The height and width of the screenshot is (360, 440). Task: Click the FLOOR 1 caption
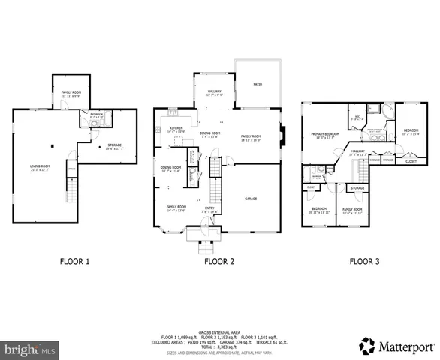point(74,262)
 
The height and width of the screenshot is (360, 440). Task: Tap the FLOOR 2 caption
point(219,262)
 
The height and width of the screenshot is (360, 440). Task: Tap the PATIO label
point(257,85)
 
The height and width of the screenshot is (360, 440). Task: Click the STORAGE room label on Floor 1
point(114,145)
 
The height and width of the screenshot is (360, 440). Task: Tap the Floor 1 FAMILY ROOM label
point(71,93)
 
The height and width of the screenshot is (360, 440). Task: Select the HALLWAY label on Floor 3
point(357,151)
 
